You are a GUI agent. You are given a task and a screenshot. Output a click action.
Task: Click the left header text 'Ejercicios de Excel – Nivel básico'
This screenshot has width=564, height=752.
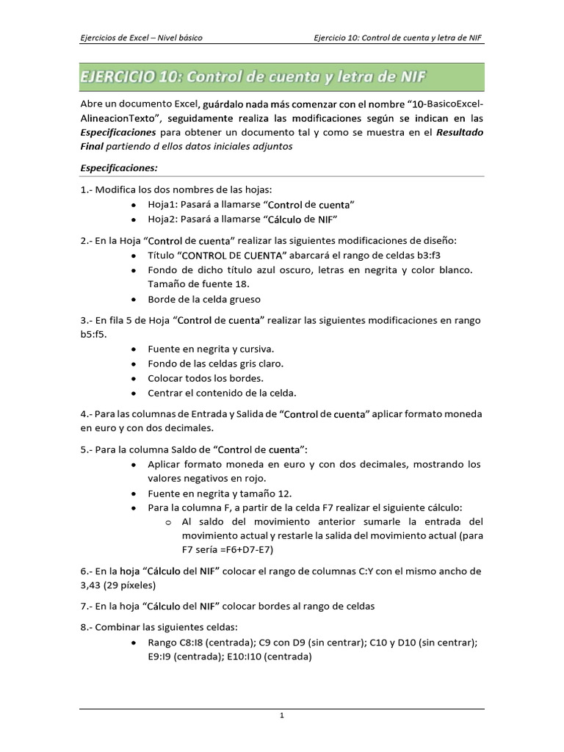pyautogui.click(x=141, y=37)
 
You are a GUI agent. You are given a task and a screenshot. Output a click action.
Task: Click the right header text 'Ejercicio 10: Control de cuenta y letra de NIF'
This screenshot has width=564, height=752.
pyautogui.click(x=397, y=37)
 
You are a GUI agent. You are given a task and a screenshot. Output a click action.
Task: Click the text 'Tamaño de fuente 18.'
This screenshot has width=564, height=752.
pyautogui.click(x=198, y=284)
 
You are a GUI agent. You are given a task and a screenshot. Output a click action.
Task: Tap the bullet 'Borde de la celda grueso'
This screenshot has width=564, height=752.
pyautogui.click(x=204, y=299)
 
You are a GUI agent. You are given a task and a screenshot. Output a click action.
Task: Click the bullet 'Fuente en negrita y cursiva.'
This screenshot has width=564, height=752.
pyautogui.click(x=211, y=349)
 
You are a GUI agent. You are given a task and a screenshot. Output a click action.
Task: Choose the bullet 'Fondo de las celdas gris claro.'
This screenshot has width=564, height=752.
pyautogui.click(x=215, y=364)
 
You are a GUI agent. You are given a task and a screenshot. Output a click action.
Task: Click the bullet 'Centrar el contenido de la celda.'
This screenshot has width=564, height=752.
pyautogui.click(x=222, y=392)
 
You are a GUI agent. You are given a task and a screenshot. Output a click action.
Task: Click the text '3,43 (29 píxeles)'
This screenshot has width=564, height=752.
pyautogui.click(x=117, y=585)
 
